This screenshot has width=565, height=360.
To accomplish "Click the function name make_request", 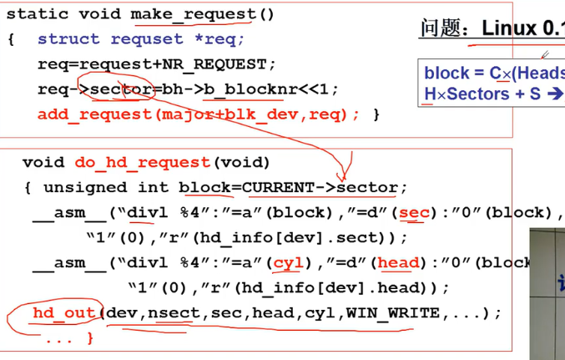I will [x=193, y=14].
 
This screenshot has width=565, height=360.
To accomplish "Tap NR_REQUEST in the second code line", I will [x=224, y=64].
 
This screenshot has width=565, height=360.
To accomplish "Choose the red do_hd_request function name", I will [x=143, y=162].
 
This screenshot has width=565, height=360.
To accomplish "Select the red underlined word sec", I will [x=413, y=212].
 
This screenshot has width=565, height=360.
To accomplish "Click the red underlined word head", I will [x=398, y=262].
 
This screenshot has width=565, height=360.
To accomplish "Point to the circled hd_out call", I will [x=63, y=313].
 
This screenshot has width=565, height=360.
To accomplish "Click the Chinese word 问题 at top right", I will [x=441, y=28].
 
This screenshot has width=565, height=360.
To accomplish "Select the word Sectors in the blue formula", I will [x=477, y=94].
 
